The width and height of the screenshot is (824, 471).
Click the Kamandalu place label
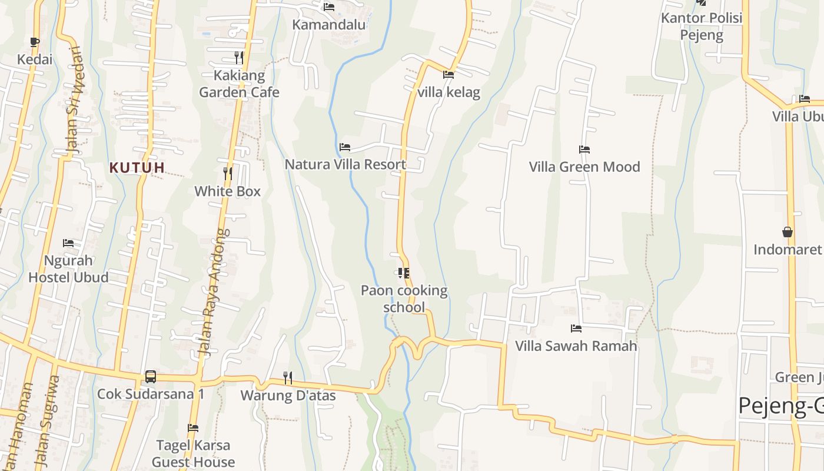point(329,25)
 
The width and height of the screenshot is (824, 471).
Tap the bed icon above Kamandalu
point(329,7)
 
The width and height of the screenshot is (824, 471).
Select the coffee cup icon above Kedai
point(35,42)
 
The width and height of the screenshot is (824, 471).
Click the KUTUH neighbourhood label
point(137,168)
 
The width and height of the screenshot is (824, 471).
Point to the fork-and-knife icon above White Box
point(228,173)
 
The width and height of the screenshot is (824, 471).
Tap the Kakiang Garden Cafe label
point(239,84)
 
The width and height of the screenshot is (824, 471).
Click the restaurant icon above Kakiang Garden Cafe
point(239,57)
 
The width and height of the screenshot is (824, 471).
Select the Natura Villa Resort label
point(345,164)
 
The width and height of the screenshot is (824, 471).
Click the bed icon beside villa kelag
point(448,75)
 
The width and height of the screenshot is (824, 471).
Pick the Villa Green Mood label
point(584,167)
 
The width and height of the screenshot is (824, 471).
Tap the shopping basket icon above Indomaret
point(788,231)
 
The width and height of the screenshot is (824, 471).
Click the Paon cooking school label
point(404,298)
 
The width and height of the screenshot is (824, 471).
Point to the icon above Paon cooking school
point(404,273)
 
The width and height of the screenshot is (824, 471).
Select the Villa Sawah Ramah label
point(576,346)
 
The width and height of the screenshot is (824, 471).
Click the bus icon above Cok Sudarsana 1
point(151,376)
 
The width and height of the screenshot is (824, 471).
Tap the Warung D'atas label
point(288,395)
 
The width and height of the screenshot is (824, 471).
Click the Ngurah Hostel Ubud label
point(68,268)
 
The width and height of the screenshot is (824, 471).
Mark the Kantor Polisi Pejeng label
point(702,26)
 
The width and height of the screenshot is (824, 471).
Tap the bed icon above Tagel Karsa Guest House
point(193,428)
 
